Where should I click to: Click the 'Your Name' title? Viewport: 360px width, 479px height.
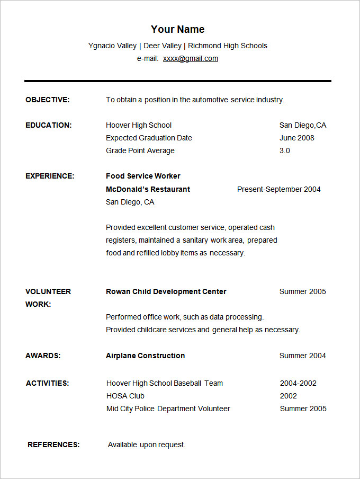click(177, 29)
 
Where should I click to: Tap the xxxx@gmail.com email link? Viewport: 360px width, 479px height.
click(190, 58)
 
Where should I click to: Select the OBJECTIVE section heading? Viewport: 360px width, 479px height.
click(48, 100)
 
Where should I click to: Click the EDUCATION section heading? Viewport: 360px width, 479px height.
click(49, 125)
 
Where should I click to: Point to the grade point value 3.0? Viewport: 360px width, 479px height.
click(284, 150)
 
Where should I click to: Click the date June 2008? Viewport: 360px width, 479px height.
click(296, 138)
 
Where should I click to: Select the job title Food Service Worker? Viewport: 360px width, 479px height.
click(143, 176)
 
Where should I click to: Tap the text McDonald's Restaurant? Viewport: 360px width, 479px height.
click(148, 189)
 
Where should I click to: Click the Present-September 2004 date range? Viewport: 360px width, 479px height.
click(278, 189)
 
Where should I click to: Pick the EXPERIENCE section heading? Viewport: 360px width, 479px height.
click(50, 176)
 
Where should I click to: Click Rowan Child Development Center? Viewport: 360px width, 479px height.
click(166, 291)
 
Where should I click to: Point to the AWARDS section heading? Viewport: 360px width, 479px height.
click(43, 356)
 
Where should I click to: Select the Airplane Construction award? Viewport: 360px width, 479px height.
click(145, 356)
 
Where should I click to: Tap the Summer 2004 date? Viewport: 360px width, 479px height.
click(302, 356)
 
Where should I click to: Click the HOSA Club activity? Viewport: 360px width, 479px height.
click(125, 396)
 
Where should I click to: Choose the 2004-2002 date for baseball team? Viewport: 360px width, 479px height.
click(298, 383)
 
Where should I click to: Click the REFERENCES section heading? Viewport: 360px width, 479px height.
click(53, 445)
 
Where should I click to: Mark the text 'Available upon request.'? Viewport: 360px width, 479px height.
click(147, 445)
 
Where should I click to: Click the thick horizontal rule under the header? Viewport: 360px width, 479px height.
click(177, 81)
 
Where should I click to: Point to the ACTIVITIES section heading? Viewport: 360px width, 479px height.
click(47, 383)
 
